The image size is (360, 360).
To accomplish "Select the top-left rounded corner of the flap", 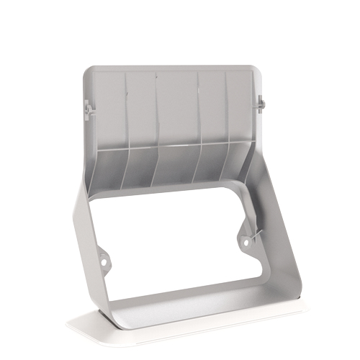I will (89, 72).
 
